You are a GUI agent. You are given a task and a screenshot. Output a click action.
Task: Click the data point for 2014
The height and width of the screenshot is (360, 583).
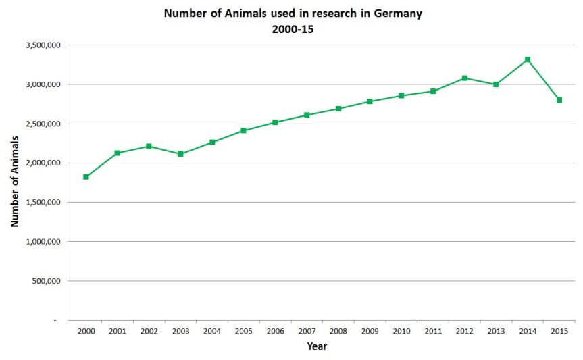(528, 59)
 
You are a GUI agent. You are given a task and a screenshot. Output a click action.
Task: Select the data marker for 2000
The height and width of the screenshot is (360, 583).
(86, 177)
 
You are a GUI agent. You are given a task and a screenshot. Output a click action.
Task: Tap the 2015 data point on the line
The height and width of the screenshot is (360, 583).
(559, 100)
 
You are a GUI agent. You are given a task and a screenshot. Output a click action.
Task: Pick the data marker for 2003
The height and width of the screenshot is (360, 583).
(180, 154)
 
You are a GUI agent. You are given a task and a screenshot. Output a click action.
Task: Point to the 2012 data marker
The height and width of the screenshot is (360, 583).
(465, 78)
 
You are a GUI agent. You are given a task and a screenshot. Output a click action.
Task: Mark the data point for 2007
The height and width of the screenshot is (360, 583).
(307, 115)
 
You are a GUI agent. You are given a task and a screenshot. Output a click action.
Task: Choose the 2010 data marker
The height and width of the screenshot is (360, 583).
(401, 95)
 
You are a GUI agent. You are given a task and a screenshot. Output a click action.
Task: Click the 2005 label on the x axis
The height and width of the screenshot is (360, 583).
(244, 332)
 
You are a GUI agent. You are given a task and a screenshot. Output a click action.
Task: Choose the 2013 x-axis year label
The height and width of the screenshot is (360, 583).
(496, 332)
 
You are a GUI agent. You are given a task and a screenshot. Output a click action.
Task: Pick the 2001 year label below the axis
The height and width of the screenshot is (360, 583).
(118, 332)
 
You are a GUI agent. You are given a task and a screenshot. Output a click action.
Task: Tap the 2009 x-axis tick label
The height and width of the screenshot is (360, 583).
(370, 332)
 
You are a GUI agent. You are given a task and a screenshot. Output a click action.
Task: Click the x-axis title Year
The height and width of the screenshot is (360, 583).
(317, 346)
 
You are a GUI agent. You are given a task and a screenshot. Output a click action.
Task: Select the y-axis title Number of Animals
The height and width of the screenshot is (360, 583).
(14, 180)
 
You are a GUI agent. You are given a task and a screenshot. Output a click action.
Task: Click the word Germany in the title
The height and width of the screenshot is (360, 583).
(397, 14)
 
